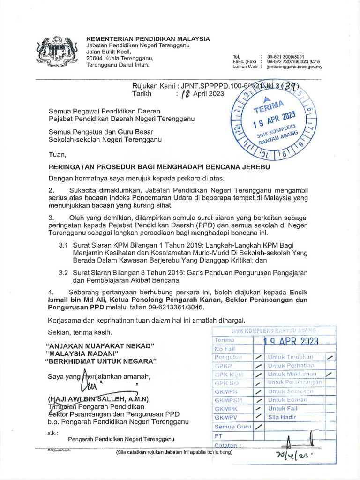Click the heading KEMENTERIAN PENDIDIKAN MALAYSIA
148,39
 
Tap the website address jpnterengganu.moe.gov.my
294,67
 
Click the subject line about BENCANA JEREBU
159,167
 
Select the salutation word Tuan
58,155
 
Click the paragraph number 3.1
63,245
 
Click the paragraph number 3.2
63,272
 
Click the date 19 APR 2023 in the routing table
291,341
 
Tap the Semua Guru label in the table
233,427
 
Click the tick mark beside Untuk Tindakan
331,357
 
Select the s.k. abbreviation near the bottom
52,433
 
